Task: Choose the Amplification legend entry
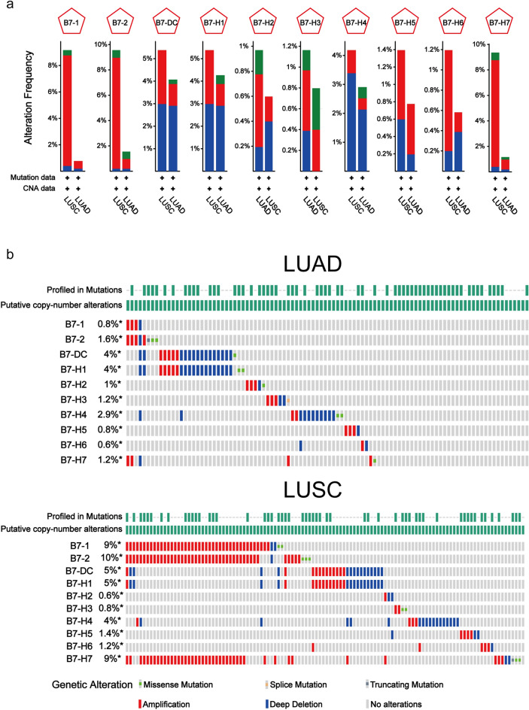point(164,704)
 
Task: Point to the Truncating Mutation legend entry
point(403,685)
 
